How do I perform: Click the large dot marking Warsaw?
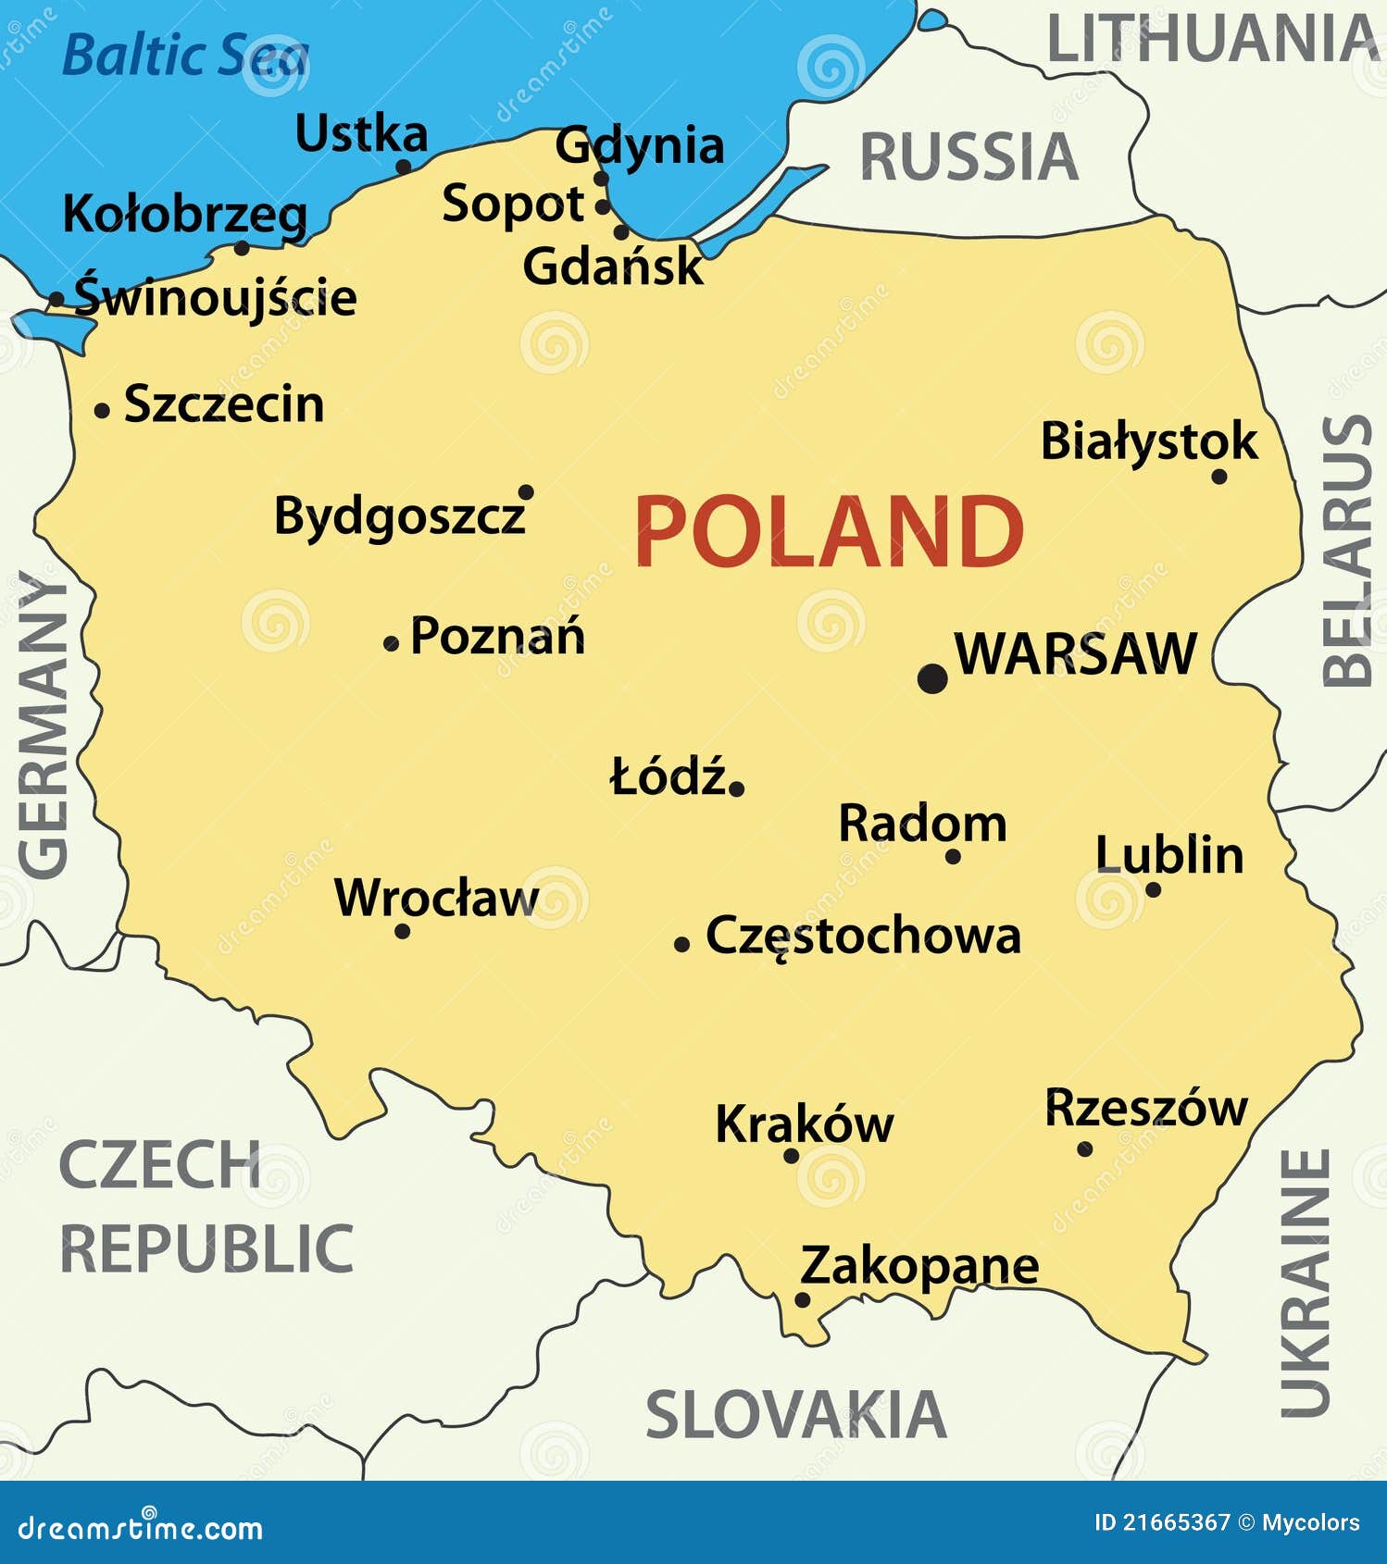932,677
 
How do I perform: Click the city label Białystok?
1149,441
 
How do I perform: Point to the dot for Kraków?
791,1155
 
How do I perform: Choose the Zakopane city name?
918,1265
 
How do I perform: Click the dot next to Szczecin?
102,410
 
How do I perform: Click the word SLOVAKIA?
795,1415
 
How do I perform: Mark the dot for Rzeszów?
1084,1148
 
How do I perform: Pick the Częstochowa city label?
863,936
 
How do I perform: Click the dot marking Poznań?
391,643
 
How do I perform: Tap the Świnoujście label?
215,297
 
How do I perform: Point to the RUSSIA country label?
968,156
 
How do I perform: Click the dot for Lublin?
1153,889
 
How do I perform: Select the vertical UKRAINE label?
1306,1283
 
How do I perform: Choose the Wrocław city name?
436,898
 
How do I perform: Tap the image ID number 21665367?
1176,1522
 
